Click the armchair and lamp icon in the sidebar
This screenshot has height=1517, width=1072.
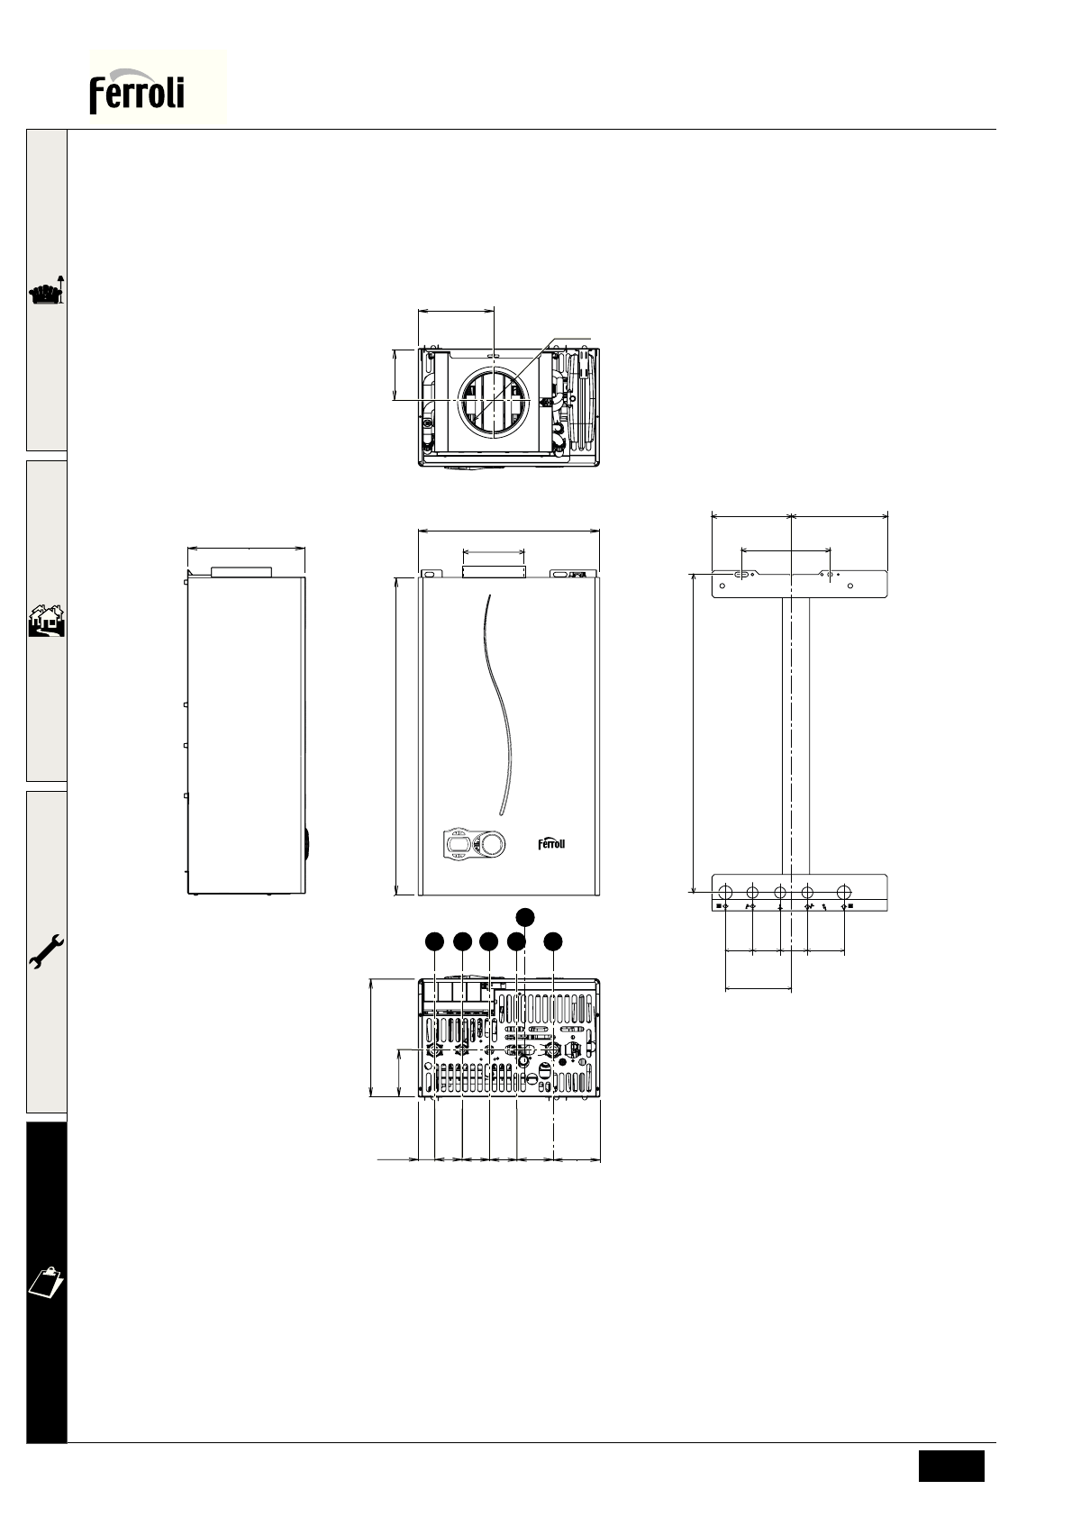tap(47, 290)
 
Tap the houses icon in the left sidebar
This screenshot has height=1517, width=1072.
tap(47, 621)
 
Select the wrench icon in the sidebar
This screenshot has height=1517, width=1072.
tap(47, 951)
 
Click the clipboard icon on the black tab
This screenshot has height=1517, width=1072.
tap(47, 1281)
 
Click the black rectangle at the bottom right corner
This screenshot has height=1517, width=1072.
tap(950, 1467)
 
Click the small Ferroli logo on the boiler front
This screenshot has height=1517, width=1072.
tap(551, 843)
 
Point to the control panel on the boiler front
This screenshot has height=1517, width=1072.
tap(474, 844)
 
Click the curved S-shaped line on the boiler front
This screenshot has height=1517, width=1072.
tap(499, 704)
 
